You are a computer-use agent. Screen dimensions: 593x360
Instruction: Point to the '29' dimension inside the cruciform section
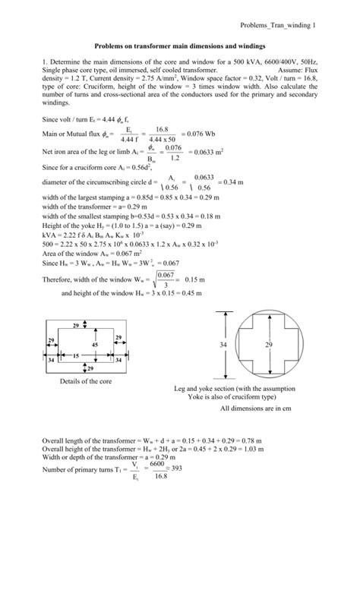click(x=268, y=345)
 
